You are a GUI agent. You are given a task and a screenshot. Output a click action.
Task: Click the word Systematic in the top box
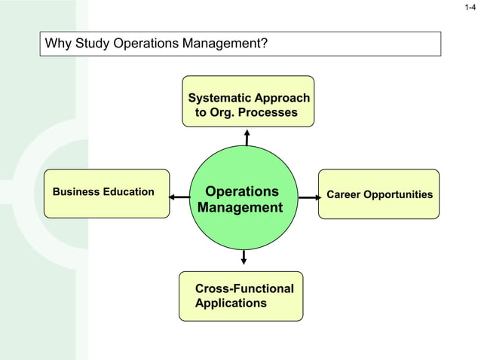click(x=219, y=99)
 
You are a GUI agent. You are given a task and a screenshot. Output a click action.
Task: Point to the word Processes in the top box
click(x=268, y=113)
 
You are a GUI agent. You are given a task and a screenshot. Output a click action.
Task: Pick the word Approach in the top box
click(x=282, y=99)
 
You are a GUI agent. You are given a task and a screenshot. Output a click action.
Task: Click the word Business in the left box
click(x=76, y=192)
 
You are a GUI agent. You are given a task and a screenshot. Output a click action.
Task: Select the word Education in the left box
click(x=128, y=192)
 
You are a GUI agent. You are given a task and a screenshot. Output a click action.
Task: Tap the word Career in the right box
click(x=344, y=195)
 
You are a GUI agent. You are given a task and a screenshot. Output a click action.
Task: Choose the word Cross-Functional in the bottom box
click(x=244, y=289)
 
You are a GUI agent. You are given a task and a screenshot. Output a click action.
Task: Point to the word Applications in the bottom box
click(x=231, y=304)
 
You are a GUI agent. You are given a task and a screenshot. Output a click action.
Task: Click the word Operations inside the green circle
click(x=242, y=191)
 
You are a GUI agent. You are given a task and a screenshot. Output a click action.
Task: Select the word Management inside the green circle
click(x=240, y=208)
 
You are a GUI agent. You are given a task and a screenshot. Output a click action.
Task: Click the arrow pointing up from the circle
click(x=247, y=136)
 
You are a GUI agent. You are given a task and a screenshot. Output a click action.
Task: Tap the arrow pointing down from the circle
click(x=244, y=256)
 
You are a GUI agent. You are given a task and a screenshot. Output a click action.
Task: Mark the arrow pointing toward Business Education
click(x=179, y=197)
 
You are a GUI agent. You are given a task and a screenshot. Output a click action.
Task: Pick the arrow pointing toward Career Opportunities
click(x=308, y=197)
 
